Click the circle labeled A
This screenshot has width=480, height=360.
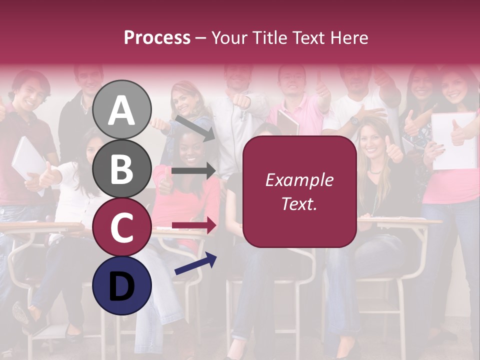[122, 109]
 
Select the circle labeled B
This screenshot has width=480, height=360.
[122, 168]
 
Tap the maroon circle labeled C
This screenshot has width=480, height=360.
[122, 227]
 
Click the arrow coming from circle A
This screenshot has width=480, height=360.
[194, 128]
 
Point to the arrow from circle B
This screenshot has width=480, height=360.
[193, 171]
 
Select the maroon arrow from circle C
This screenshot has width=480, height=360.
[194, 225]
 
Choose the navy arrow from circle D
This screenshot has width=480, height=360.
[195, 263]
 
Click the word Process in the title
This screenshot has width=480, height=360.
[157, 37]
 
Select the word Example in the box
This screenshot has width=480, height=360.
[299, 180]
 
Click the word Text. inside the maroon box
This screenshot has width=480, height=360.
[299, 203]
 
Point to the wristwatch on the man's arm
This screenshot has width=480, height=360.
[354, 120]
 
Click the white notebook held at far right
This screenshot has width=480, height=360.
[455, 141]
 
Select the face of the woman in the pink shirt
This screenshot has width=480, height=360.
[188, 148]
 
